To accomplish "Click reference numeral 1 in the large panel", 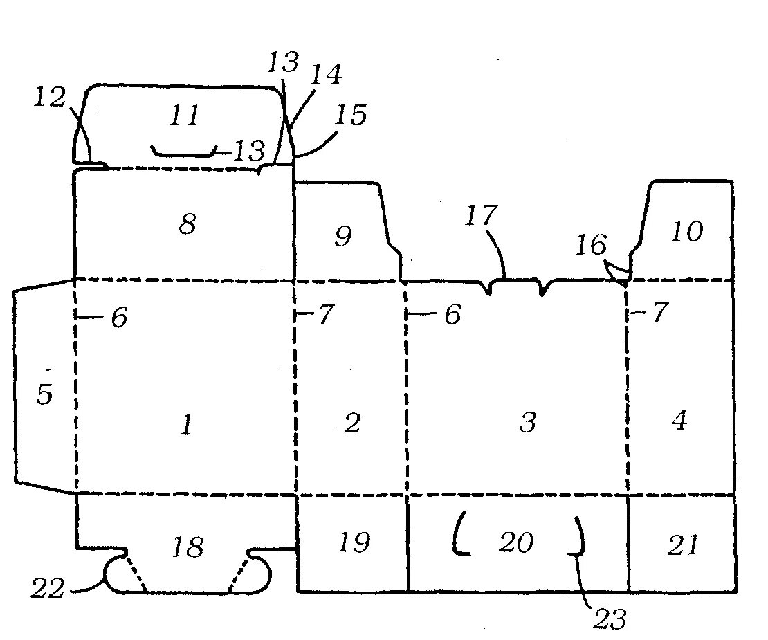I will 185,424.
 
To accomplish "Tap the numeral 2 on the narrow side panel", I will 352,423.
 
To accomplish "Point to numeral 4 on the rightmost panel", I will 679,420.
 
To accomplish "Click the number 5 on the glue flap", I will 44,395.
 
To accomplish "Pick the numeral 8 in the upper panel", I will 188,224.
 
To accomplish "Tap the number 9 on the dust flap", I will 343,237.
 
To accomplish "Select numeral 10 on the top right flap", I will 686,232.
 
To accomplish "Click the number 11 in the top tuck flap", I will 184,116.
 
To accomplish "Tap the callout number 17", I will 480,216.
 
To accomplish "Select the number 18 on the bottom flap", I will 188,547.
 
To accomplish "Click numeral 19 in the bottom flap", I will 353,542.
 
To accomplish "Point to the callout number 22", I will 48,589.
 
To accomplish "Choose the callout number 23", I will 610,619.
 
